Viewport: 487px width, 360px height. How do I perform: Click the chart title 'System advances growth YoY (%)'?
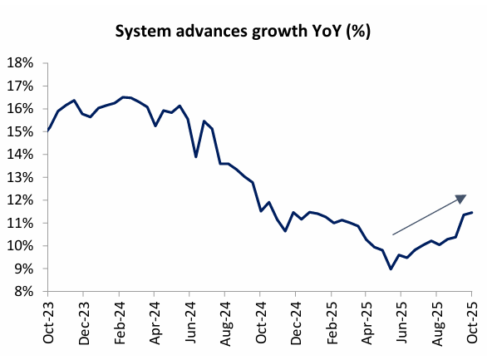243,33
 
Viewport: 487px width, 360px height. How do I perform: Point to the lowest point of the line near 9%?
391,269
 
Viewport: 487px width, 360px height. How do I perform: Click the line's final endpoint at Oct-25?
472,212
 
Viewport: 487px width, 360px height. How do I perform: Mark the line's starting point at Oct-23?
47,131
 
